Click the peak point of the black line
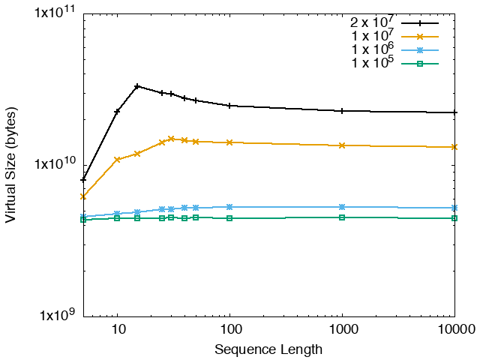(x=137, y=86)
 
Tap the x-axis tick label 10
(x=117, y=330)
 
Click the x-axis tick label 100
(x=229, y=330)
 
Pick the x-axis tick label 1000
(x=342, y=330)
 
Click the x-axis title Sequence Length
(x=268, y=349)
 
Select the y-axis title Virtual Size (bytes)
(x=12, y=165)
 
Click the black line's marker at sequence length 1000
(x=342, y=111)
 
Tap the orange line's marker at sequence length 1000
(x=342, y=145)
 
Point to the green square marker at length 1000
(x=342, y=217)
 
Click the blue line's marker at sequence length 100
(x=229, y=207)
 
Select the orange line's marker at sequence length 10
(x=117, y=160)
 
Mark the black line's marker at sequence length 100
(x=229, y=106)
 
